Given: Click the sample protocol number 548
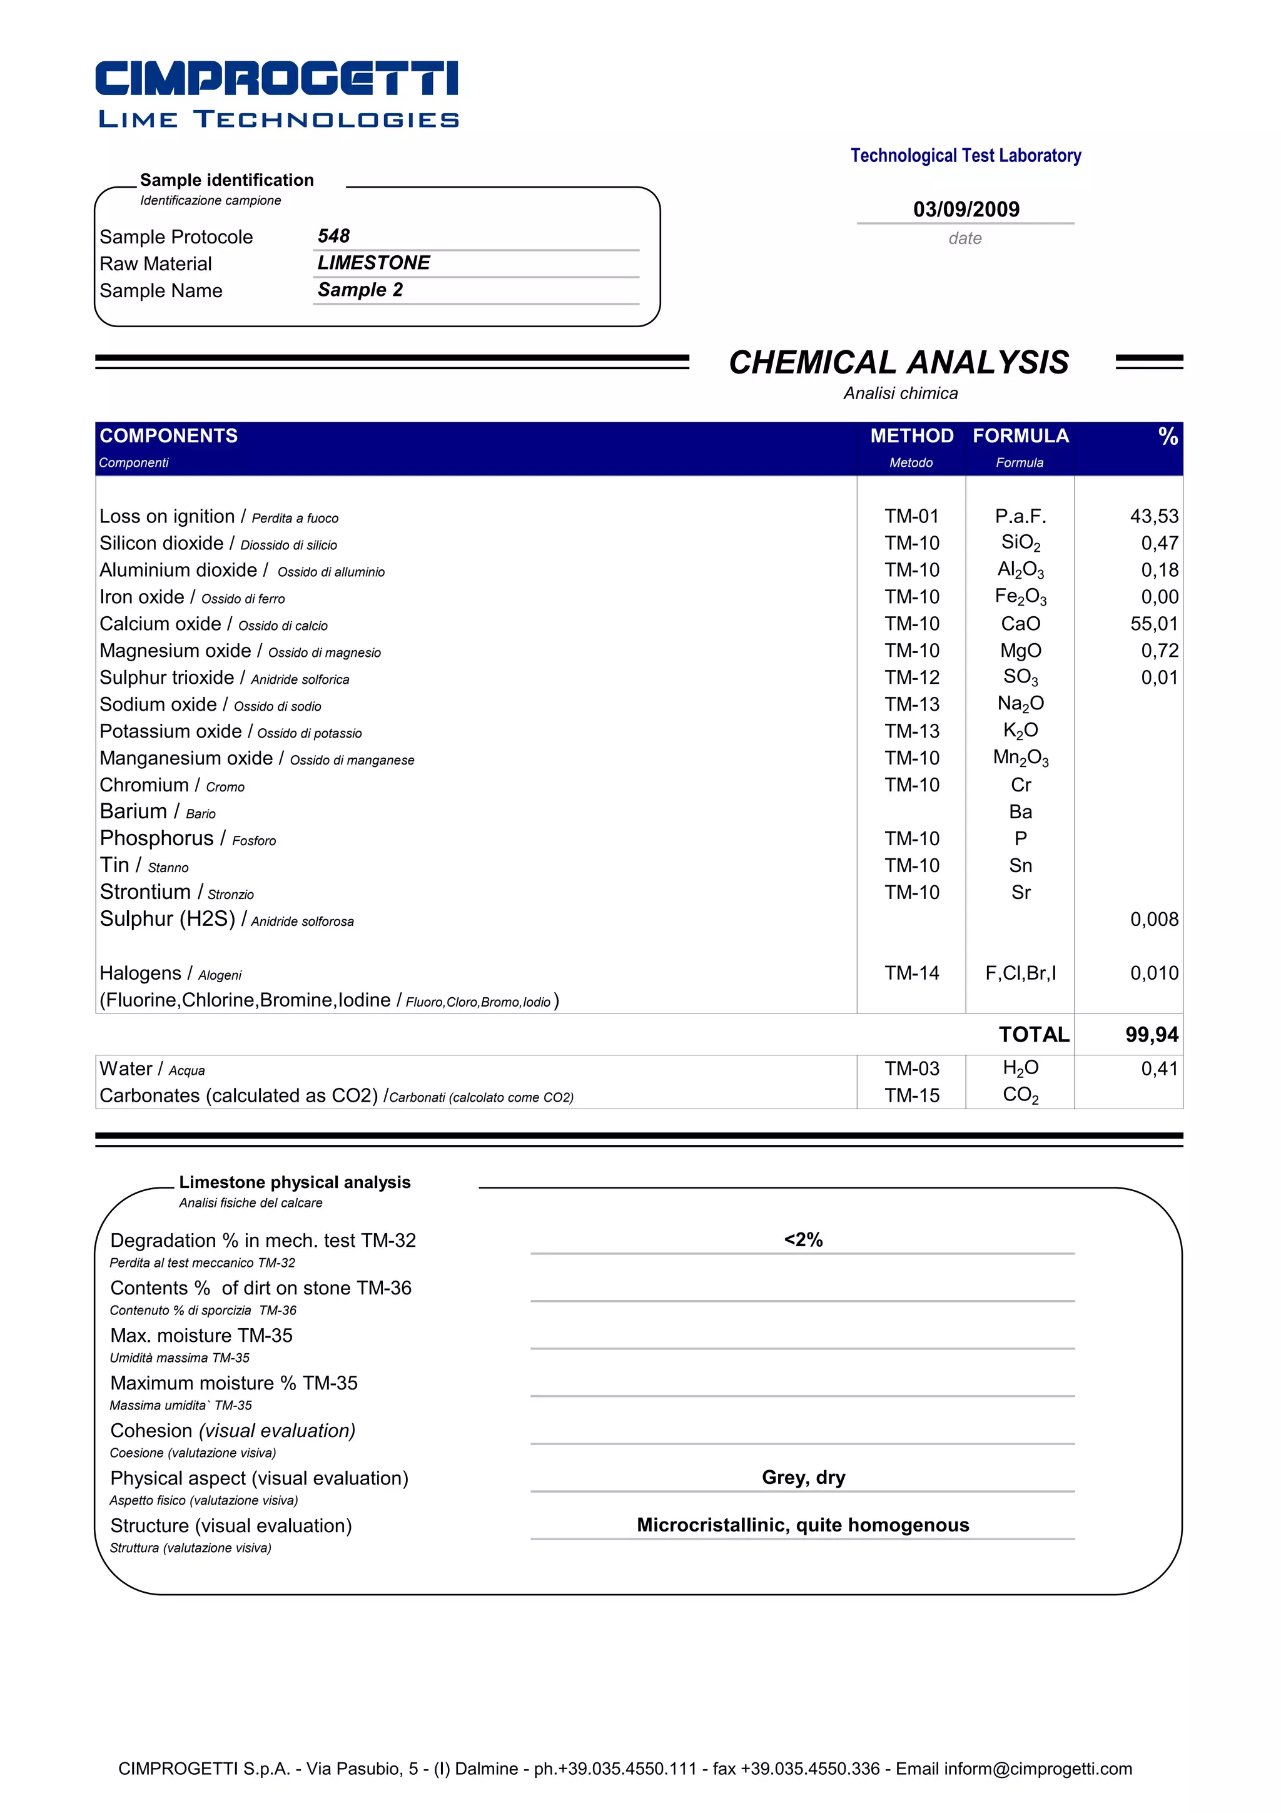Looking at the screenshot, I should (333, 236).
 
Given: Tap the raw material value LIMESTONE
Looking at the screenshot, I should (373, 263).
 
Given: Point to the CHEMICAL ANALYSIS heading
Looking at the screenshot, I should (898, 362).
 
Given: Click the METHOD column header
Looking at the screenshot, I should (911, 436).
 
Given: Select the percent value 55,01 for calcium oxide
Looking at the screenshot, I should (1153, 624).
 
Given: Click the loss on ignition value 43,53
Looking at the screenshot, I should (1153, 516).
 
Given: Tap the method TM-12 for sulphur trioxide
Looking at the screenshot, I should (911, 678).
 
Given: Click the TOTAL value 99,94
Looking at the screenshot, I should (1151, 1034).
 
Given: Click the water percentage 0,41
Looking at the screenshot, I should (1158, 1069).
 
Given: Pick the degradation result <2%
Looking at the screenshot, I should (803, 1240).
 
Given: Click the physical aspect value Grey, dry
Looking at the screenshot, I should (803, 1478).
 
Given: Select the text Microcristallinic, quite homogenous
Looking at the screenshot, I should (803, 1525).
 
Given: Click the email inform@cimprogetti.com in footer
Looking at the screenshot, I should (1037, 1769).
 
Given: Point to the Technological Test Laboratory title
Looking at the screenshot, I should (965, 156).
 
